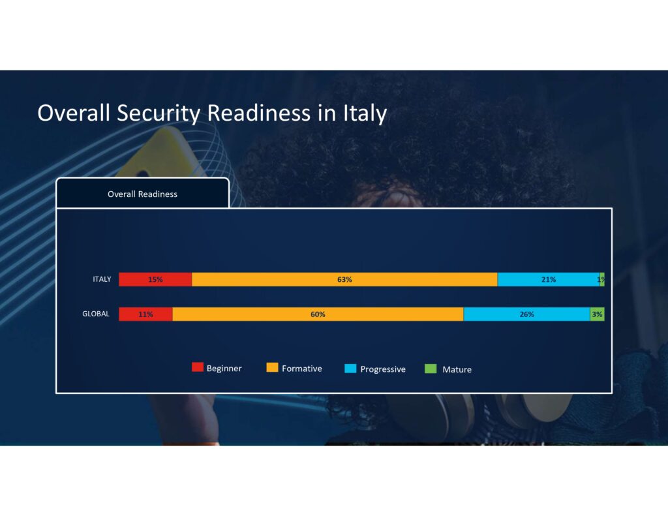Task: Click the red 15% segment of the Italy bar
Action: [155, 279]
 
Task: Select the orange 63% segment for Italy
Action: [344, 279]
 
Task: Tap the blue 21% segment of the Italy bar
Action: [548, 279]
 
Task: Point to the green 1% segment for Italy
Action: [602, 279]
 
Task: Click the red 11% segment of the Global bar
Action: [145, 314]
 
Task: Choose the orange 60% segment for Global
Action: [318, 314]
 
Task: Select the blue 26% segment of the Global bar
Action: [526, 314]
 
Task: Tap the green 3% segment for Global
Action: [597, 314]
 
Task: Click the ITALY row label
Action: [102, 279]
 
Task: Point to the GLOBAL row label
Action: [96, 314]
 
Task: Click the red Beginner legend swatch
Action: [197, 367]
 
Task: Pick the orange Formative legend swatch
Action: [273, 367]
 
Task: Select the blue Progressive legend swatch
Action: [350, 369]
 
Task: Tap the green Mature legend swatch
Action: [431, 369]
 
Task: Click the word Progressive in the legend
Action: [383, 369]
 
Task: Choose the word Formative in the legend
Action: [301, 369]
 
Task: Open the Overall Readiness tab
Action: [142, 194]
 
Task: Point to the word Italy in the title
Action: [365, 114]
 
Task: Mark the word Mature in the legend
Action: [457, 369]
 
